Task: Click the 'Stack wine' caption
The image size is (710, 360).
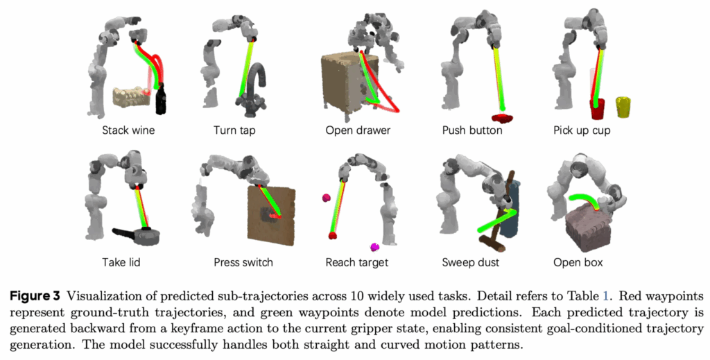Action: tap(128, 130)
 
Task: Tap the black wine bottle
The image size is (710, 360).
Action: tap(161, 99)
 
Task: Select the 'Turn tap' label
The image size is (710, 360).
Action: tap(234, 130)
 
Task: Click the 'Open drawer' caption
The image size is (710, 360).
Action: tap(358, 130)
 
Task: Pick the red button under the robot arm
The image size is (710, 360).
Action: tap(502, 118)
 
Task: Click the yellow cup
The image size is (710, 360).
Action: tap(623, 107)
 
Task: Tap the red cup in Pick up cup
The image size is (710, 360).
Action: tap(597, 109)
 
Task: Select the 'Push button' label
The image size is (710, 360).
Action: tap(472, 130)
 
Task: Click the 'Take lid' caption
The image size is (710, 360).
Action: tap(121, 262)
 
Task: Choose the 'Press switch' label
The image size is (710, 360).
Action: tap(243, 262)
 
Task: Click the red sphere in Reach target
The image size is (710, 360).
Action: tap(333, 235)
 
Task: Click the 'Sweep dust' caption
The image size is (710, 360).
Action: tap(471, 262)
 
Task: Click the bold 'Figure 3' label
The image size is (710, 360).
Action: tap(35, 297)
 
